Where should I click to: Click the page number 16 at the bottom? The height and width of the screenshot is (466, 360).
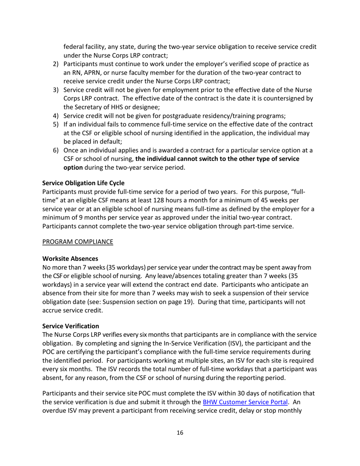coord(180,433)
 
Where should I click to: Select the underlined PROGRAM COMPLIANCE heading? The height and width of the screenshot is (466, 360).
coord(77,242)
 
